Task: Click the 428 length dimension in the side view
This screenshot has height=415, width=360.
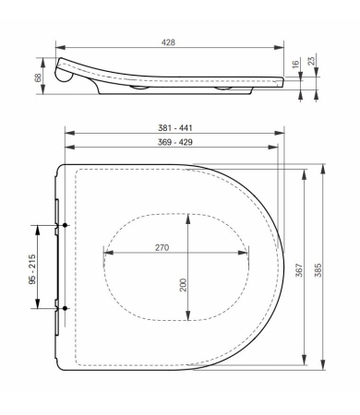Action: point(170,42)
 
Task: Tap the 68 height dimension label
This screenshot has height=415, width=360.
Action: point(37,80)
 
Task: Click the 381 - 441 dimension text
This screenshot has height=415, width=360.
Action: point(174,128)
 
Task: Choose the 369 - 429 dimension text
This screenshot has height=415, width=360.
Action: point(174,143)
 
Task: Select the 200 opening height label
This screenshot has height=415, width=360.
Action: point(184,286)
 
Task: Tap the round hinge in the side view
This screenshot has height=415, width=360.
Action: point(65,77)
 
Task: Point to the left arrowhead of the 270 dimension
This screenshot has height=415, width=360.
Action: point(103,255)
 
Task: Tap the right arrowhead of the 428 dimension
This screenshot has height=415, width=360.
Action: point(282,49)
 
